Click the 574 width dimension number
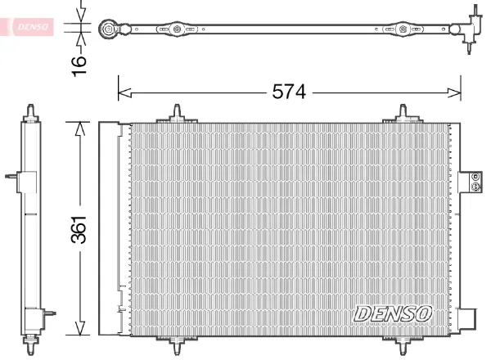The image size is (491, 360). [x=288, y=92]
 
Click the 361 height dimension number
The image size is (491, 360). [x=79, y=229]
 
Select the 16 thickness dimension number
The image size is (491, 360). [x=79, y=65]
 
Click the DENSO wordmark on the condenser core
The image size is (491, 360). [x=393, y=313]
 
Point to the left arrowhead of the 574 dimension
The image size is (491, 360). [x=124, y=92]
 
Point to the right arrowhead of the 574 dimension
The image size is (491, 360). [x=454, y=92]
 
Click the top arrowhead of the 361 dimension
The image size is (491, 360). [x=80, y=128]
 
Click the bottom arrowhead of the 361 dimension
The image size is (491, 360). [x=80, y=328]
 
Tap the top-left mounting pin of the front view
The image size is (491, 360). [x=177, y=114]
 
